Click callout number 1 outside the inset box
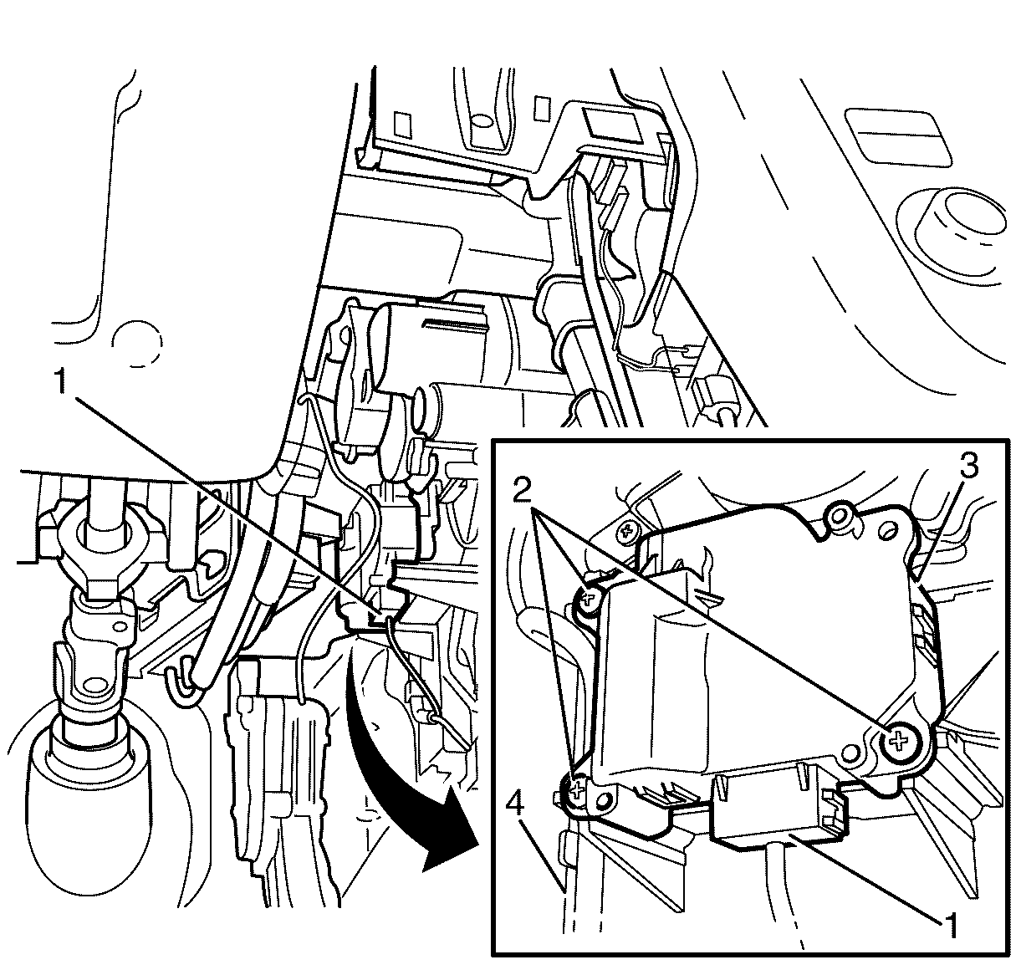(62, 381)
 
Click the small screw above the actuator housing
(626, 531)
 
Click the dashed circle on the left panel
(137, 342)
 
